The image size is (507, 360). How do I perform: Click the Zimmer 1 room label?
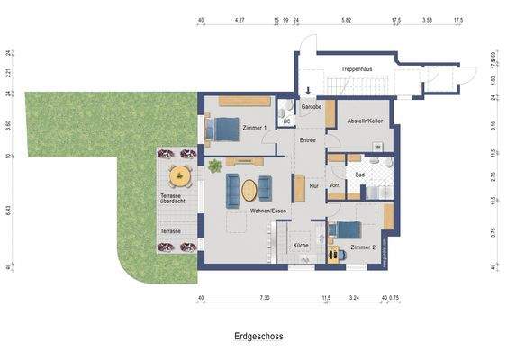click(256, 129)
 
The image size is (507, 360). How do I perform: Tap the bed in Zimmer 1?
click(222, 130)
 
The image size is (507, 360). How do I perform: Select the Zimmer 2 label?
click(362, 246)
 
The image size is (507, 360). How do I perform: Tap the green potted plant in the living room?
click(214, 166)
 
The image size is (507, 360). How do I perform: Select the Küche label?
click(302, 245)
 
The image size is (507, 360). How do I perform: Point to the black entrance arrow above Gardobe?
click(309, 91)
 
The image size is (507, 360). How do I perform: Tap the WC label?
click(285, 119)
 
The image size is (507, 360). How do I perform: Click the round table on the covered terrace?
click(181, 174)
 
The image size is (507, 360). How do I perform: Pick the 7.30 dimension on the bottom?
click(264, 297)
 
